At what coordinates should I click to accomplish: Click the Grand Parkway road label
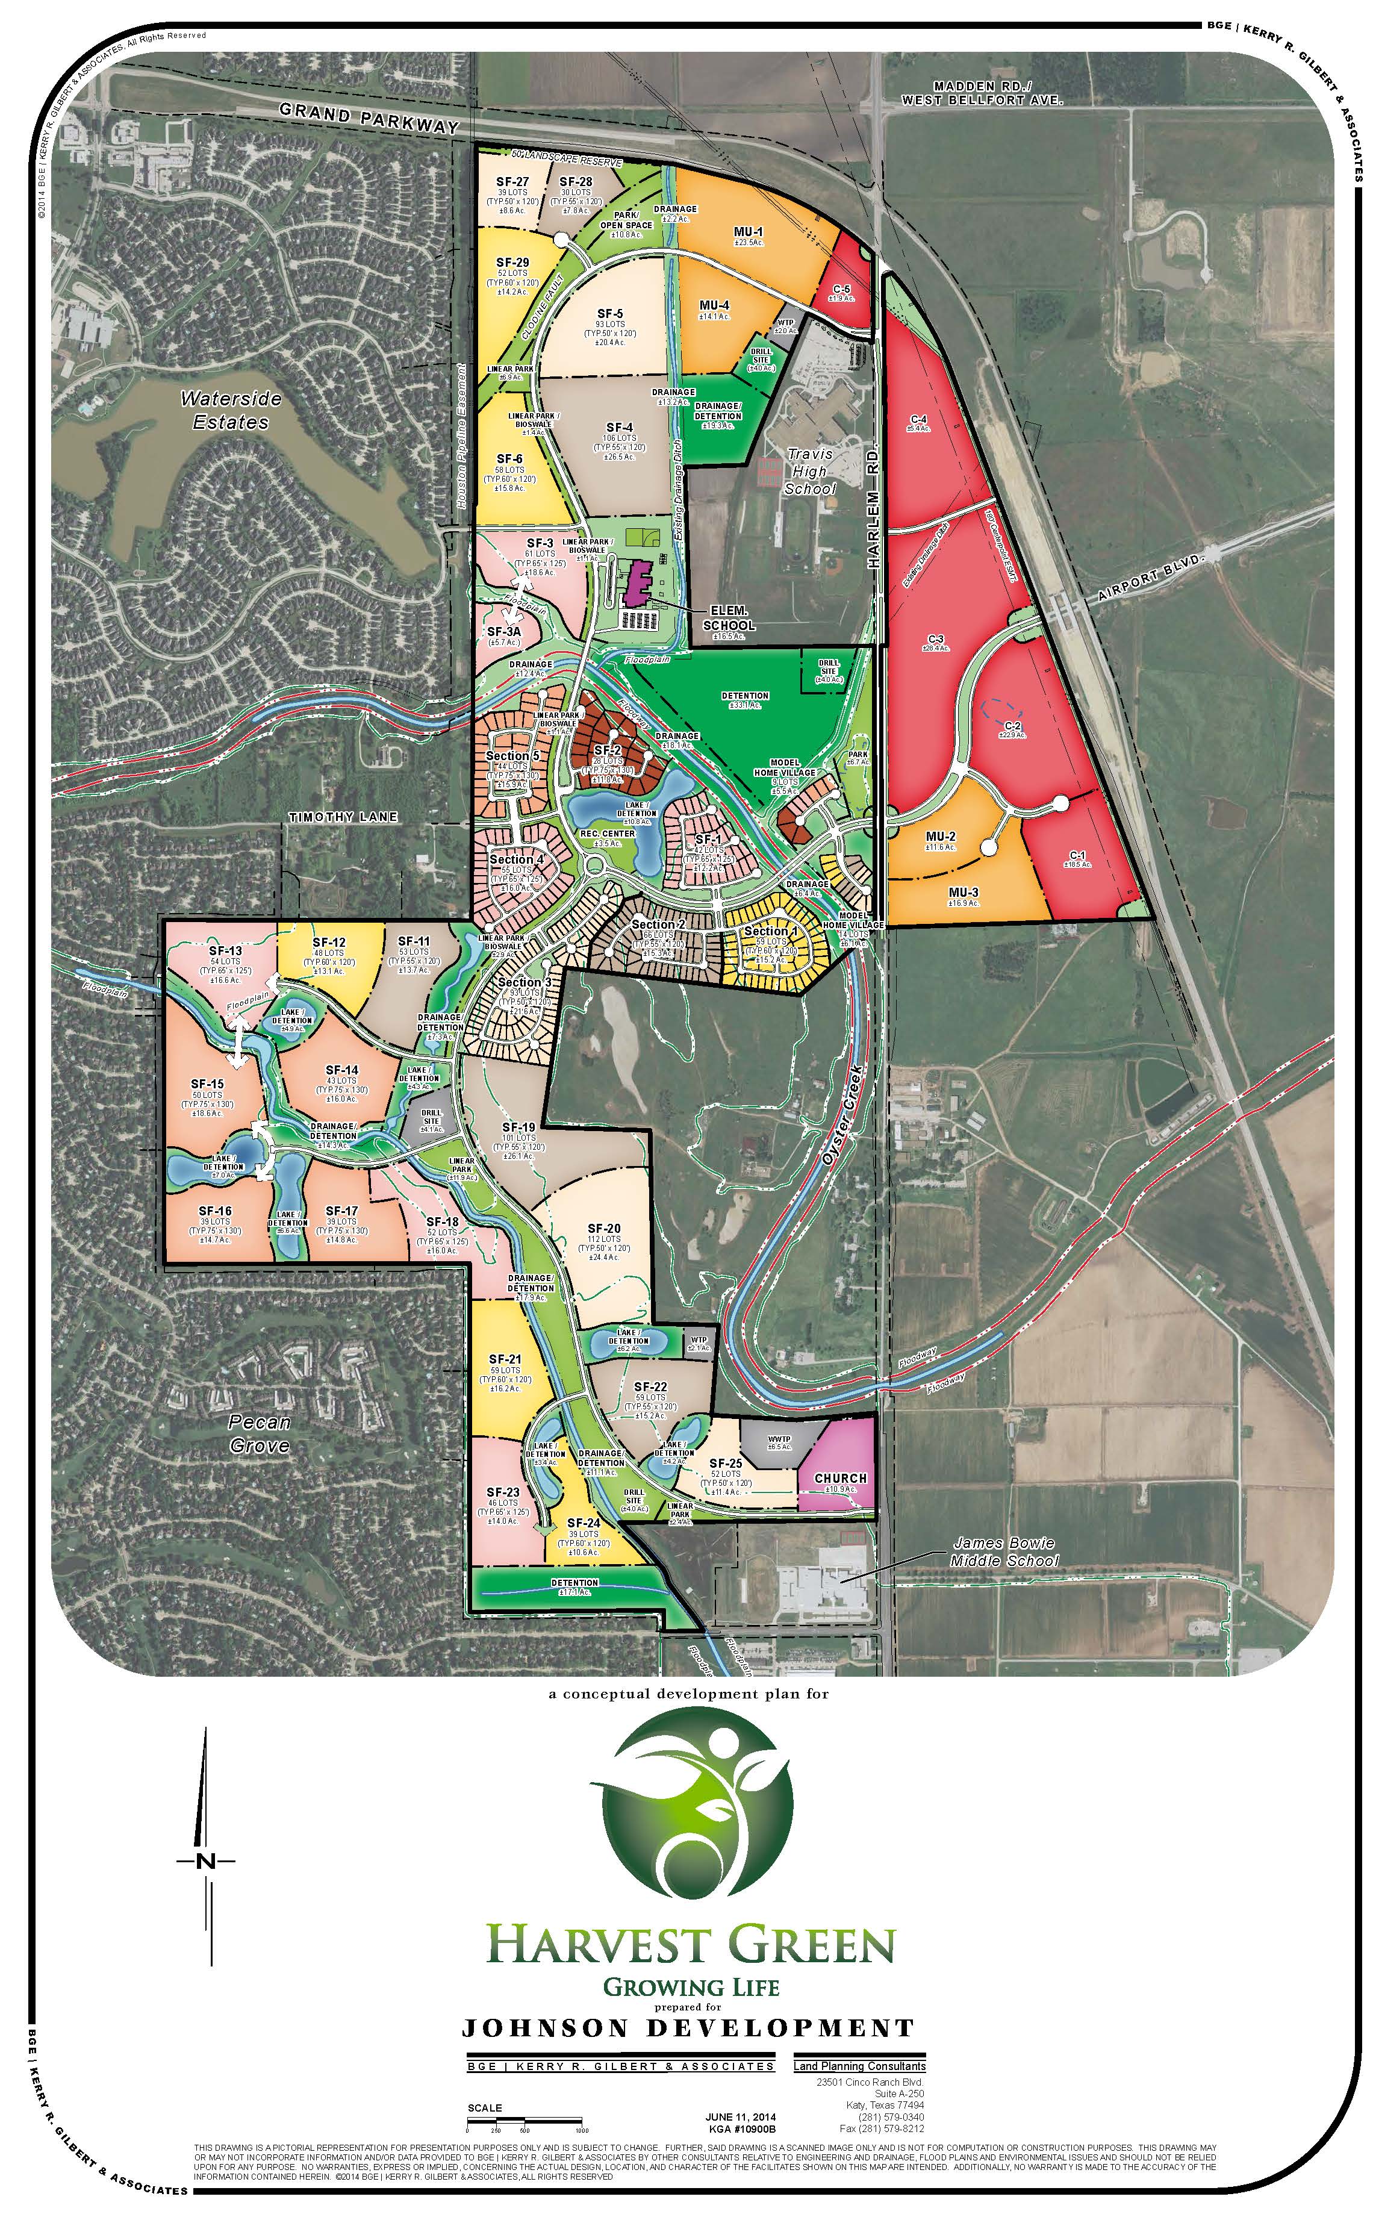[x=369, y=118]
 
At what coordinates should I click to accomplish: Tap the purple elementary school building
[x=640, y=584]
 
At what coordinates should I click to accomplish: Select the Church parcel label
[x=840, y=1478]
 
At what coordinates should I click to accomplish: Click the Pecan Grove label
[x=260, y=1433]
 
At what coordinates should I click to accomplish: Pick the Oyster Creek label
[x=842, y=1116]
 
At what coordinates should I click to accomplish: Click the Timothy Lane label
[x=343, y=817]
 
